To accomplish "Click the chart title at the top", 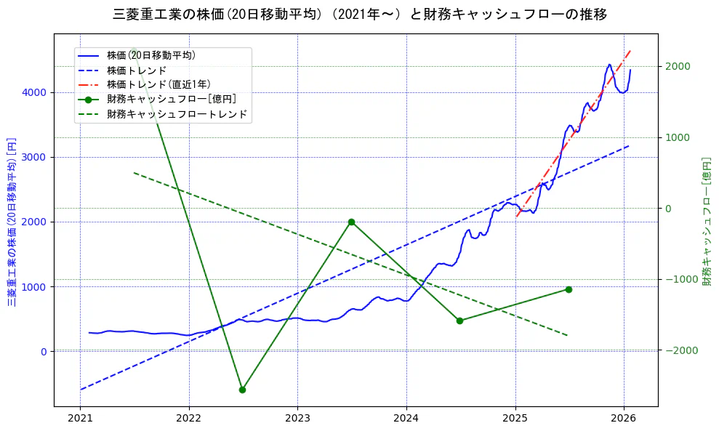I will [x=360, y=14].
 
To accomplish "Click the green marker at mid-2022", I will [x=242, y=390].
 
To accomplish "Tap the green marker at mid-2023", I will [x=351, y=222].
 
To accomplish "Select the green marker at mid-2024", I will [x=459, y=321].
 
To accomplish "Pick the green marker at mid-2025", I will [x=569, y=289].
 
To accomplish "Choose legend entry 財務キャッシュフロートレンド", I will [x=177, y=114].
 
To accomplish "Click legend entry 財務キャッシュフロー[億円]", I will [x=171, y=99].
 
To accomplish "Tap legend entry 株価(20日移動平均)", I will [x=150, y=55].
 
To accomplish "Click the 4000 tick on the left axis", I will [x=34, y=92].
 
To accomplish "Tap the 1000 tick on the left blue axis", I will [x=34, y=286].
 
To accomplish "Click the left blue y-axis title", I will [x=12, y=222].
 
